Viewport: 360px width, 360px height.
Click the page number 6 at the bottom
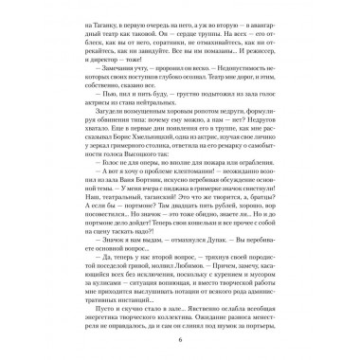(x=180, y=340)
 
